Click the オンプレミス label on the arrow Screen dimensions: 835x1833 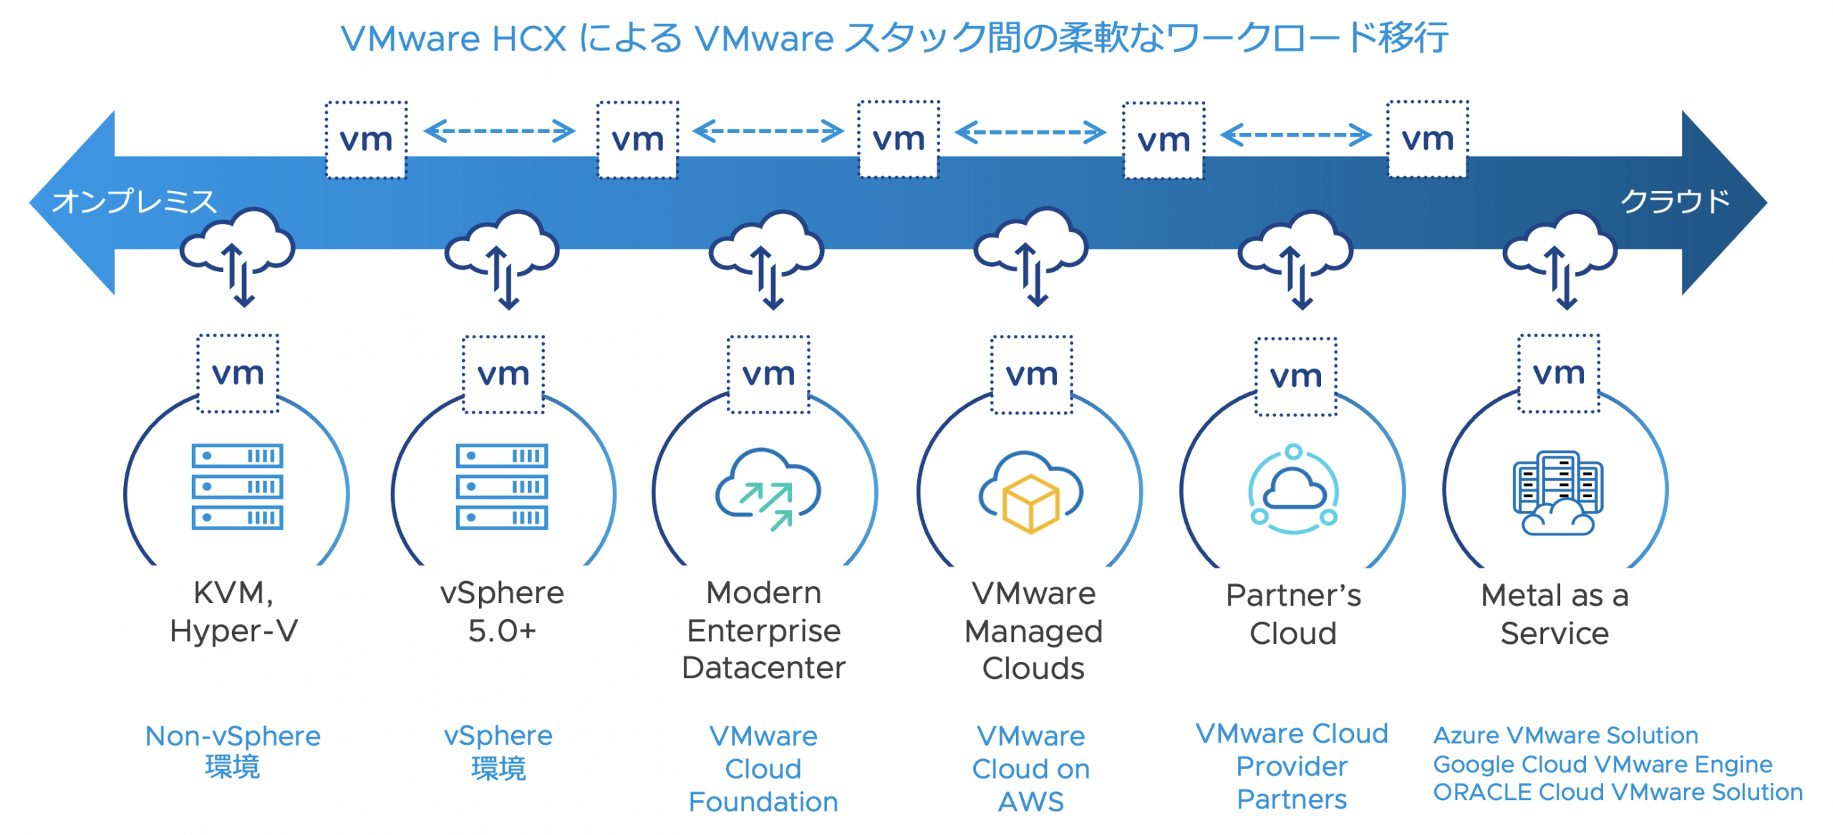135,202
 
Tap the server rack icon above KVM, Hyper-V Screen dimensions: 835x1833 237,487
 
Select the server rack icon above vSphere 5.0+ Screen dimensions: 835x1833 502,487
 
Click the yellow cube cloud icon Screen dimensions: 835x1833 1031,494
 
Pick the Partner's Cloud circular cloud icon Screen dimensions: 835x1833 1293,491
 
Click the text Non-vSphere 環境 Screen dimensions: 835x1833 233,751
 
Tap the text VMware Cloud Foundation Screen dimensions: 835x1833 763,769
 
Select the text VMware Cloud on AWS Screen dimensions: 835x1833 1031,769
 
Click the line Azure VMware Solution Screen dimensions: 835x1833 1566,736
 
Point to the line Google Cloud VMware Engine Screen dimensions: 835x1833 1602,764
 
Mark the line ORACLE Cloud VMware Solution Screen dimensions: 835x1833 1617,793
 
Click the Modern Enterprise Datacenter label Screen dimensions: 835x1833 764,630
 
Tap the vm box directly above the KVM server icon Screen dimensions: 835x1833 238,373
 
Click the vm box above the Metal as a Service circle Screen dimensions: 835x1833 1559,373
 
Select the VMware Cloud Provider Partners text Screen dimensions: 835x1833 1292,766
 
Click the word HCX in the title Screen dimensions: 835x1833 529,39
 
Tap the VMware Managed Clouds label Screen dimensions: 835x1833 1033,631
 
